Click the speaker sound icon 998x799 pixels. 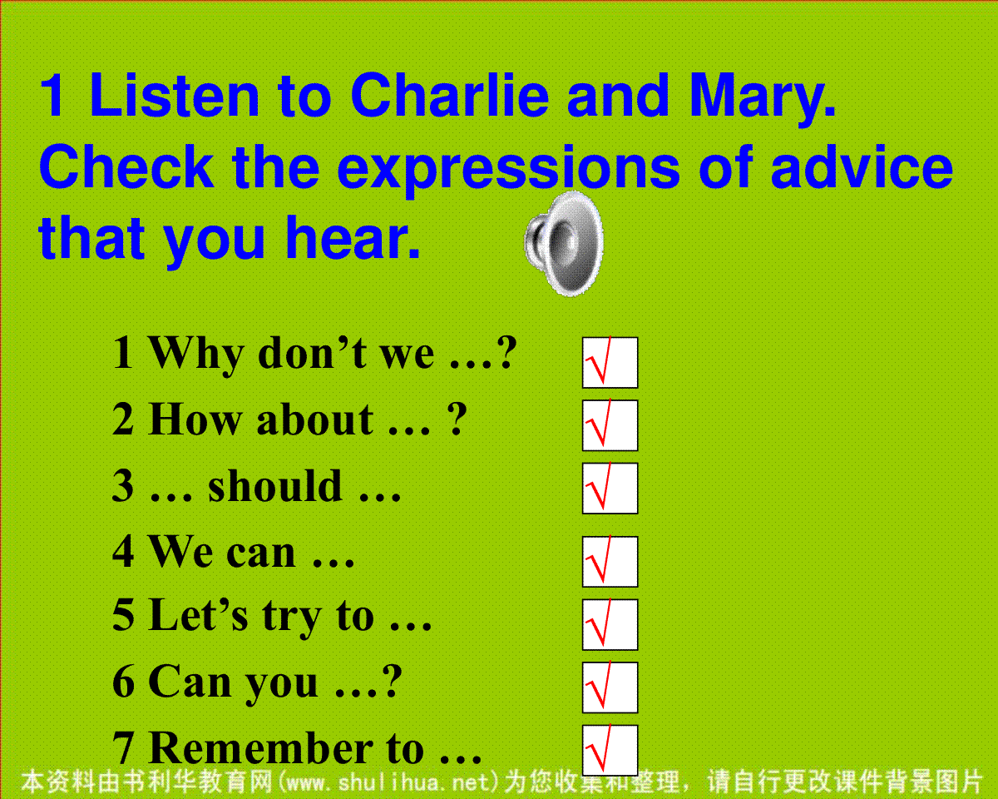click(564, 244)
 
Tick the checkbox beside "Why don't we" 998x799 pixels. click(610, 363)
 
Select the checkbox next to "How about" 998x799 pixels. click(610, 425)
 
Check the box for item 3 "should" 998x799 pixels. click(610, 488)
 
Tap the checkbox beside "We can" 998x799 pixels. click(610, 562)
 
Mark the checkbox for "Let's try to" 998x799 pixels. click(610, 624)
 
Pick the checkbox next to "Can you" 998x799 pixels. click(610, 687)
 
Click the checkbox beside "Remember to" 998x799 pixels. click(610, 750)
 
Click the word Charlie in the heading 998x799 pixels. click(449, 95)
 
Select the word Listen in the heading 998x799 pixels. click(175, 95)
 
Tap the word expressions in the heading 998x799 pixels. click(508, 171)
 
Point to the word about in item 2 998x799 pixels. click(314, 419)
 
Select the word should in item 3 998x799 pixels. click(274, 485)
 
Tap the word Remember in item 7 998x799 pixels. click(260, 748)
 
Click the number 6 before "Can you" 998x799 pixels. click(123, 682)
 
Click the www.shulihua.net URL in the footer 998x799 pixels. click(388, 782)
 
